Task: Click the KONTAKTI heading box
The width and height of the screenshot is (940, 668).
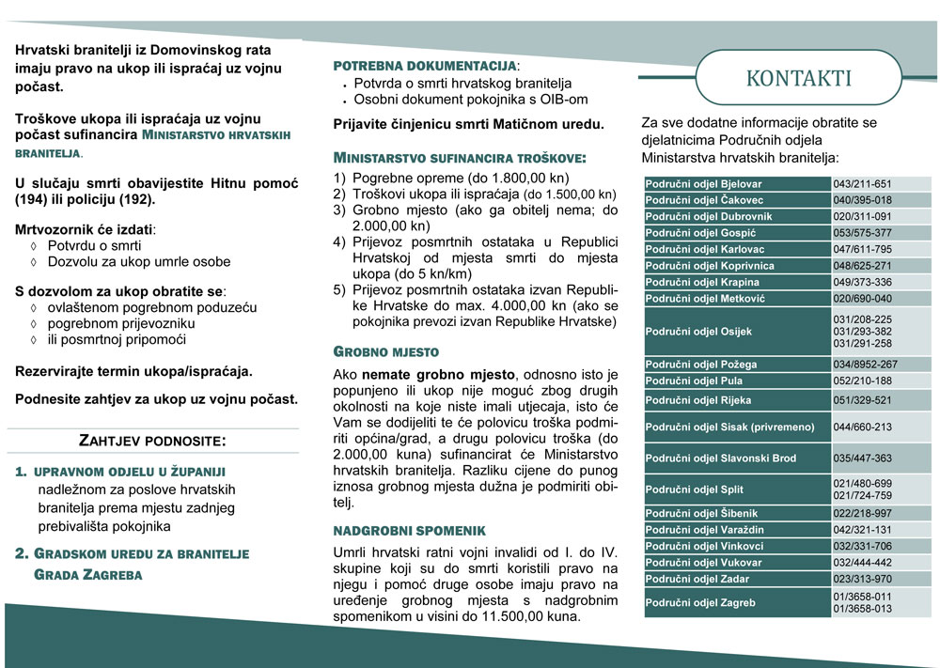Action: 798,77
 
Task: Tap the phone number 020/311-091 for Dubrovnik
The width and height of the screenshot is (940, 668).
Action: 862,216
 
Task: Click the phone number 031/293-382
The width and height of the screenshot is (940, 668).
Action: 862,332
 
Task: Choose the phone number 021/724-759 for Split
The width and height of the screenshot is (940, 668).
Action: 862,496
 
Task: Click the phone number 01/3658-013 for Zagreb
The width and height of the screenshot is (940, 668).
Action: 862,609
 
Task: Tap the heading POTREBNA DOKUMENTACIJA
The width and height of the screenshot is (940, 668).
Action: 425,66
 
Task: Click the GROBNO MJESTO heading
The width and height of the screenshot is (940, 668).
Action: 386,351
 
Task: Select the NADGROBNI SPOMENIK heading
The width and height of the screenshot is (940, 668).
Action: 410,531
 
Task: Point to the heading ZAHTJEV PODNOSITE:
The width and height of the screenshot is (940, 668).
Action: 152,440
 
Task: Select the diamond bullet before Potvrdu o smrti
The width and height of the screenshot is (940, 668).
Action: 35,245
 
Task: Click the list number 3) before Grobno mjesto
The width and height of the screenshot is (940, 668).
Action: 340,210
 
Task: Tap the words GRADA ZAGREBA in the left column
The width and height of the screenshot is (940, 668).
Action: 88,574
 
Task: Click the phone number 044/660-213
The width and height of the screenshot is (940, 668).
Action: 862,427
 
